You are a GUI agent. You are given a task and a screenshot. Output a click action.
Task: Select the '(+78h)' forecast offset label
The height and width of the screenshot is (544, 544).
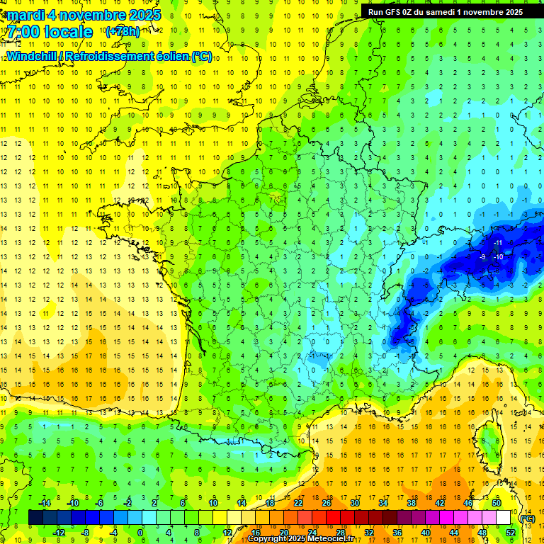tap(123, 32)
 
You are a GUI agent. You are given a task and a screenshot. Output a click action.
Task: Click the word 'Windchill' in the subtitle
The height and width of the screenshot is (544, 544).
tap(33, 57)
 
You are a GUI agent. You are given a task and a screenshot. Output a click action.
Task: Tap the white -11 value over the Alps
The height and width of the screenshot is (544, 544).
tap(498, 243)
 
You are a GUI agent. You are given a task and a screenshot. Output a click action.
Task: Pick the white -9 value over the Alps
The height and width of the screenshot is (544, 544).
tap(482, 256)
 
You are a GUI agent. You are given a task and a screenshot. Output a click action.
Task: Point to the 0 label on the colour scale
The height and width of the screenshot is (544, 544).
tap(140, 533)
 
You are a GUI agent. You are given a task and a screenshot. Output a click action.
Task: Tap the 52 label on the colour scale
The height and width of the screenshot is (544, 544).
tap(510, 533)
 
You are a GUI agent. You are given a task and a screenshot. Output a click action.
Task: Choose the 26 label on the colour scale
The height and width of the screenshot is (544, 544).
tap(327, 503)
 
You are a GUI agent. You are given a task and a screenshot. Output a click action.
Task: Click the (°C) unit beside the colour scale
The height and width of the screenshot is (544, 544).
tap(528, 518)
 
